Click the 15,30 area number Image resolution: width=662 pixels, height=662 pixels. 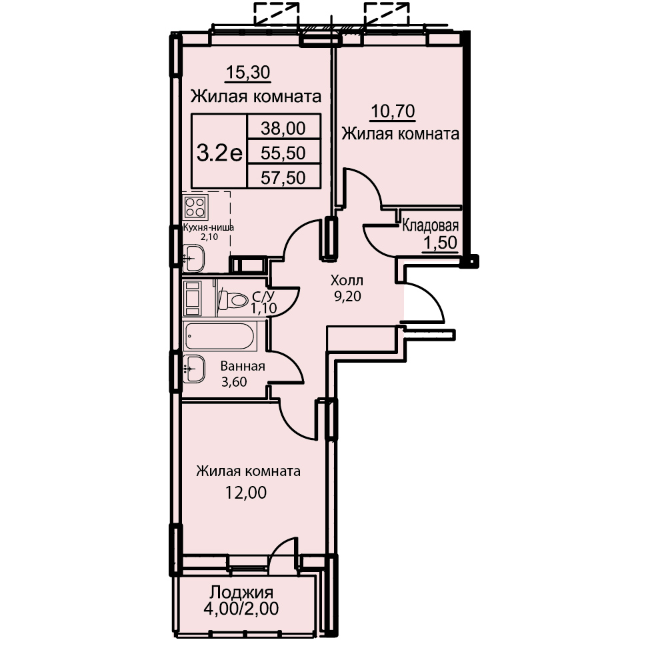[x=248, y=73]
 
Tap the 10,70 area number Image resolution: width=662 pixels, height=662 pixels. [x=393, y=111]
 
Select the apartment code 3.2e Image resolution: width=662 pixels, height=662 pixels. [x=219, y=153]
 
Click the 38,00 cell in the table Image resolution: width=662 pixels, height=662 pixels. [x=283, y=128]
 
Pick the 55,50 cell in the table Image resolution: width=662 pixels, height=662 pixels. [x=283, y=153]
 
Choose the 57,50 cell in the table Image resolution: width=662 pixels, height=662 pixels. [x=283, y=178]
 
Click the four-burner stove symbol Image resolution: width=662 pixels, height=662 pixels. [x=195, y=207]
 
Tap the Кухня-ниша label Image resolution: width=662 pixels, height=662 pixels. [x=209, y=227]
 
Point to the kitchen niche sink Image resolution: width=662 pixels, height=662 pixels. [x=194, y=259]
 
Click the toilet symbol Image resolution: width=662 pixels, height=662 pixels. [x=233, y=301]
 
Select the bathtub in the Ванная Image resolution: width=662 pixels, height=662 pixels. [x=219, y=337]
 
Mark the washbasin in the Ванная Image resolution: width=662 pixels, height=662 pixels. [x=194, y=369]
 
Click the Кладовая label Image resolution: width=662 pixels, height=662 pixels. [x=430, y=226]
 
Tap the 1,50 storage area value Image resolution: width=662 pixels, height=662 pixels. [x=441, y=243]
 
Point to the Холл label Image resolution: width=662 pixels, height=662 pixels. [x=347, y=281]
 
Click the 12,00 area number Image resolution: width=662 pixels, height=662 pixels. [x=246, y=493]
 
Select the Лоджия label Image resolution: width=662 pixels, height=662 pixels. [x=242, y=593]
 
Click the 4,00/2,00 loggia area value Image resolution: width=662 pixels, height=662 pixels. [x=241, y=609]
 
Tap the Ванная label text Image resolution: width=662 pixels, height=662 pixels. [x=243, y=366]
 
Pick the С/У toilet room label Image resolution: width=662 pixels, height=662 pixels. [x=263, y=295]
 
